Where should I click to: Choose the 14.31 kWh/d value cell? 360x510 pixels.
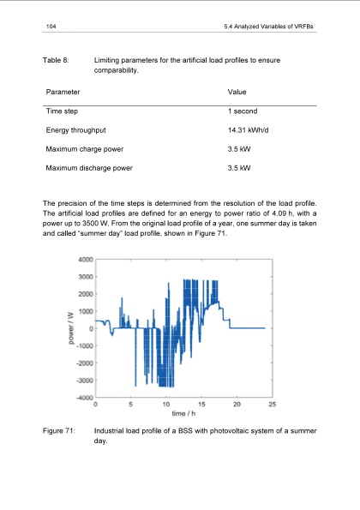[x=251, y=130]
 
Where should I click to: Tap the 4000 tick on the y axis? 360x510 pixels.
[x=84, y=259]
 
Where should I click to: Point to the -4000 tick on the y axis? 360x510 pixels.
[x=83, y=398]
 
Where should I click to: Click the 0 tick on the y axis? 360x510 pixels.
[x=89, y=328]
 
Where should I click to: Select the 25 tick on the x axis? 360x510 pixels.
[x=272, y=405]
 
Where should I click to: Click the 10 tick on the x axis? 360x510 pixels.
[x=165, y=405]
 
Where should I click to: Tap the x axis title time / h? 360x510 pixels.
[x=183, y=415]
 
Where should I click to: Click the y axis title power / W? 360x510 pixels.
[x=69, y=328]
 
